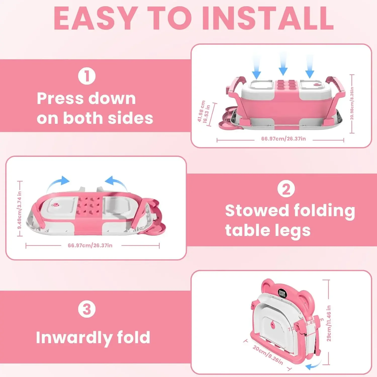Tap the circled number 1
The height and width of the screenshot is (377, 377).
point(87,76)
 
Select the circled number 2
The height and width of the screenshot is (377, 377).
point(286,189)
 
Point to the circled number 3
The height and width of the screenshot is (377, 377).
point(87,309)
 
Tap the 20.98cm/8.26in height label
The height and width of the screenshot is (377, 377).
point(352,104)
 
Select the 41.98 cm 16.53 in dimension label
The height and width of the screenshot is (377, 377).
point(204,112)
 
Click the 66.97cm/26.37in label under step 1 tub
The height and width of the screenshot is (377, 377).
point(284,139)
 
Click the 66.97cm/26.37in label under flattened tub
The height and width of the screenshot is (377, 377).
point(90,246)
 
